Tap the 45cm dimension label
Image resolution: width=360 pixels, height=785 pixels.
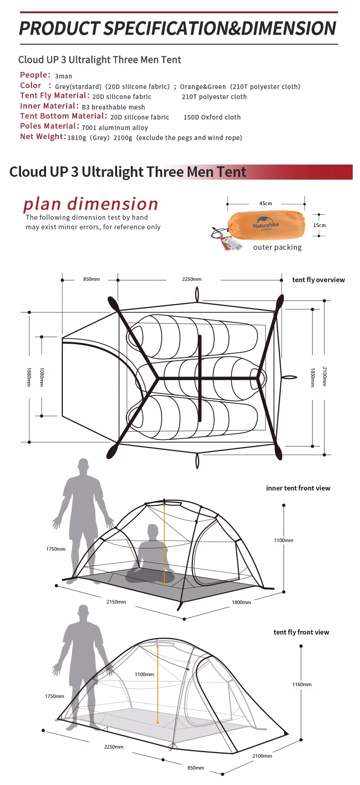tap(266, 203)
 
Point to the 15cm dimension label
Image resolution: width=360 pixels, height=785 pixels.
tap(319, 225)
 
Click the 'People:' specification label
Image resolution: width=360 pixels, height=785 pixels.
tap(35, 75)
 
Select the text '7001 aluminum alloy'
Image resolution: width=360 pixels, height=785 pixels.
tap(115, 128)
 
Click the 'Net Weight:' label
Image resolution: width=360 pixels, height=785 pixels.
tap(43, 137)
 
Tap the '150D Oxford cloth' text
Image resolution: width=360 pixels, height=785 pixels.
tap(212, 117)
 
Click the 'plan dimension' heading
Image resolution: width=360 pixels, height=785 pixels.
tap(91, 203)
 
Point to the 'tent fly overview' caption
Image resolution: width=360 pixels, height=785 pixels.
tap(318, 280)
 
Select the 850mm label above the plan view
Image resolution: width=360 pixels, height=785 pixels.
tap(92, 279)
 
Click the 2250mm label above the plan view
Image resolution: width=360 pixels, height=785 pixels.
tap(192, 279)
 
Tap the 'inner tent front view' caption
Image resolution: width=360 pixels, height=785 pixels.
tap(298, 488)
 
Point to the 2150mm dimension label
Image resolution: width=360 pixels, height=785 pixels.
tap(116, 602)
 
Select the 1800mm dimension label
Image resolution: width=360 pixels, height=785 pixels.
tap(241, 602)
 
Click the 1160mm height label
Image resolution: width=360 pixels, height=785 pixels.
tap(302, 684)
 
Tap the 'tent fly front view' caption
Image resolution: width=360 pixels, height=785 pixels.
tap(301, 632)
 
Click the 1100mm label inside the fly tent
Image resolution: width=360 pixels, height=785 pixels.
tap(144, 674)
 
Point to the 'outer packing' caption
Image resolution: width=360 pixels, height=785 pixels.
tap(277, 247)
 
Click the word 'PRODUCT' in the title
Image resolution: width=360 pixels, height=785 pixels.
tap(59, 28)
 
